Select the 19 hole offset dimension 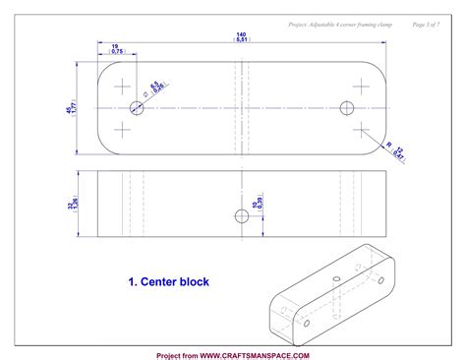(x=117, y=49)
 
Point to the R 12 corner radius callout (x=398, y=150)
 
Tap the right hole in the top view (x=346, y=106)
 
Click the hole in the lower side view (x=241, y=216)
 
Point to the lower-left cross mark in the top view (x=122, y=128)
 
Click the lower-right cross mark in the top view (x=361, y=128)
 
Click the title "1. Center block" (x=168, y=282)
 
